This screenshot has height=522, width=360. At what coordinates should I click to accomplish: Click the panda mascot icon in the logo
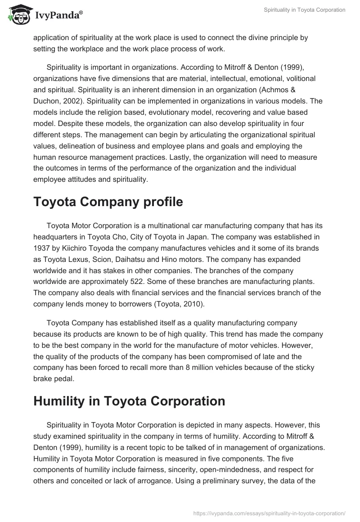point(18,14)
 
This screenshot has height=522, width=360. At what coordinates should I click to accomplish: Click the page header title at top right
point(305,10)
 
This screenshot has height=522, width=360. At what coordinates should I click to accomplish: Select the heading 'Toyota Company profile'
point(108,202)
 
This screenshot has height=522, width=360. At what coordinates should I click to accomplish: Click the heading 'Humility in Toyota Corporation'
point(129,401)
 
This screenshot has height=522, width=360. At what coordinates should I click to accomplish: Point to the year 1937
point(43,248)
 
